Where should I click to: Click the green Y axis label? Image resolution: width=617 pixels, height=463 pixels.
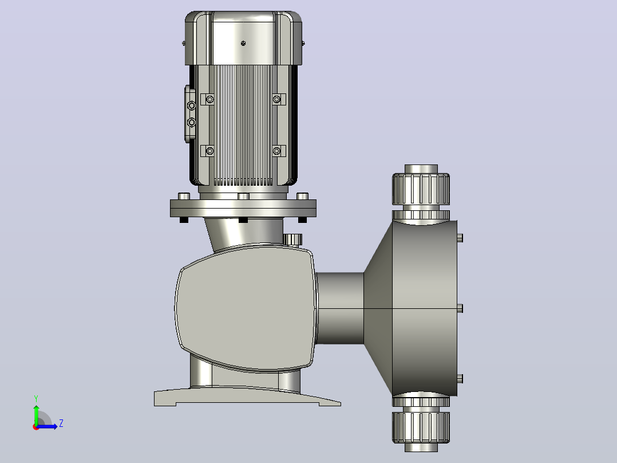(x=36, y=399)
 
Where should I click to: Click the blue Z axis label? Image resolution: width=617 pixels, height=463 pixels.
(x=61, y=423)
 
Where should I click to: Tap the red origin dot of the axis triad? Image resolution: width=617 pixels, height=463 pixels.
(x=36, y=427)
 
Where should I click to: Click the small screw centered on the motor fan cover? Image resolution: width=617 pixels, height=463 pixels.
(x=243, y=44)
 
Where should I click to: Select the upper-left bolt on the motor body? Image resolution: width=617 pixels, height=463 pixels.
(x=209, y=99)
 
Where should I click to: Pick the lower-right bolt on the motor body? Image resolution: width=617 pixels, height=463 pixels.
(x=276, y=151)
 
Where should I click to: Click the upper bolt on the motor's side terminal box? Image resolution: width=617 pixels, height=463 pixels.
(x=192, y=105)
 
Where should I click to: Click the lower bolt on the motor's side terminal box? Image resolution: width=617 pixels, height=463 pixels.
(x=192, y=123)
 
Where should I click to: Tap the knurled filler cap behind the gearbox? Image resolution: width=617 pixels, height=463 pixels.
(x=292, y=239)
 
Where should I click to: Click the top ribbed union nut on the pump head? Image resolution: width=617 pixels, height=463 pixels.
(x=421, y=189)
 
